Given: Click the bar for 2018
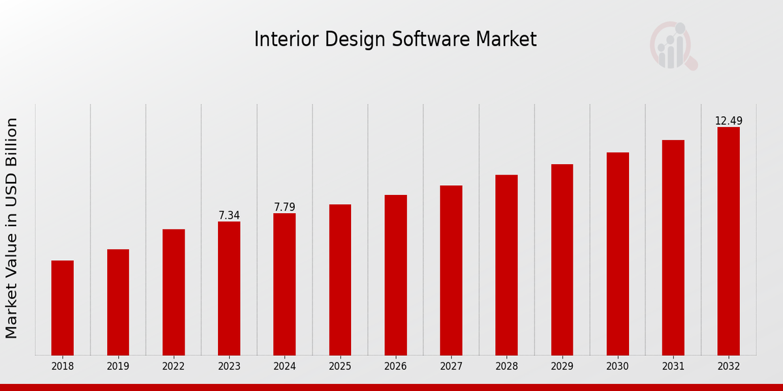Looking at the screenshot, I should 63,308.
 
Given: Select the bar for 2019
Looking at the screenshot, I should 118,302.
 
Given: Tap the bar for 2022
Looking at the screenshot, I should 174,292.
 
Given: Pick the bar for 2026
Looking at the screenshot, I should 395,275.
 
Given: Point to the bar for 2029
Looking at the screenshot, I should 562,259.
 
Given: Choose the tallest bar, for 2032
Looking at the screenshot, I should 728,241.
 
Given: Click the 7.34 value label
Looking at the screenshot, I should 229,215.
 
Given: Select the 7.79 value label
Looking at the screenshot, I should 284,207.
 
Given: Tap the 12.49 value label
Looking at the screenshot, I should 728,121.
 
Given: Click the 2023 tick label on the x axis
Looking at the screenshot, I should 229,367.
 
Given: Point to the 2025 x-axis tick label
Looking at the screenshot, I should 340,367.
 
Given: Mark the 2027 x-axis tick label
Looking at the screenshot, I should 451,367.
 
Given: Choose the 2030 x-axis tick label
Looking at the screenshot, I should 617,367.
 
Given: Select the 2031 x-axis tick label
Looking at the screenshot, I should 673,367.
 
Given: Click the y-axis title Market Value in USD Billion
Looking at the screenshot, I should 12,228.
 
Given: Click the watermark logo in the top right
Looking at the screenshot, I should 673,46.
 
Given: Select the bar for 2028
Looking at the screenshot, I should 506,265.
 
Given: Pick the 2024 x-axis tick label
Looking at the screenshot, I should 284,367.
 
